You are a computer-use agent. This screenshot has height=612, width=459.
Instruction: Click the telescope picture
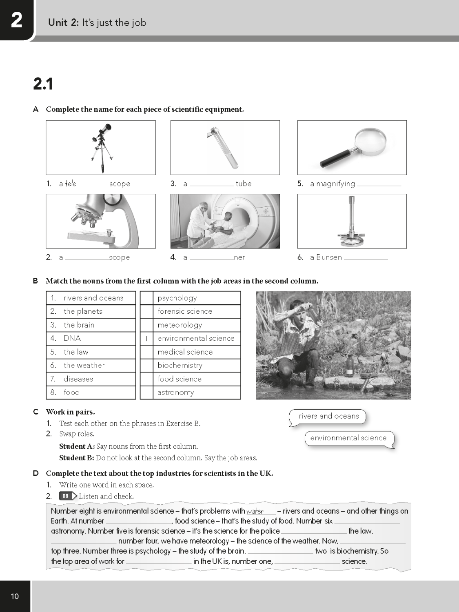[101, 148]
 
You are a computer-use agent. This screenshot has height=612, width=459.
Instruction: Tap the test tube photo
[225, 148]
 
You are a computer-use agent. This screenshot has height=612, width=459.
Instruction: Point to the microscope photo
[101, 221]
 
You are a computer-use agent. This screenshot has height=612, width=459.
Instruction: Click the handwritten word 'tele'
[71, 184]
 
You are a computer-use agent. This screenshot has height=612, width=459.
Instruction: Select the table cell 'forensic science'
[197, 311]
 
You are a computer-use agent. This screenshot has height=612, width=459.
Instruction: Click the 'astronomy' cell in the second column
[197, 392]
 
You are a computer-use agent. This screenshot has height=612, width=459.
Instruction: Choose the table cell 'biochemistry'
[197, 366]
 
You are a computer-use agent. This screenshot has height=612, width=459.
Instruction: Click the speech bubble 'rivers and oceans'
[328, 417]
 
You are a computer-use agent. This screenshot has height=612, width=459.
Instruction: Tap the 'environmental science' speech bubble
[348, 438]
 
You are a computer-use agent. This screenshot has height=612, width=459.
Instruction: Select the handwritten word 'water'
[255, 511]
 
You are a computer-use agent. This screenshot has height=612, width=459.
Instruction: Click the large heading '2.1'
[43, 84]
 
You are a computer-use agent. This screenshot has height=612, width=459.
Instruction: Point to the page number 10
[15, 596]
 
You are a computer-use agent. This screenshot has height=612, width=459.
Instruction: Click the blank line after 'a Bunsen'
[366, 258]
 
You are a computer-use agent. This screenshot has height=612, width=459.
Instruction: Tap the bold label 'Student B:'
[77, 458]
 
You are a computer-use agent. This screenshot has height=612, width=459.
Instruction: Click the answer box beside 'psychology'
[146, 298]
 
